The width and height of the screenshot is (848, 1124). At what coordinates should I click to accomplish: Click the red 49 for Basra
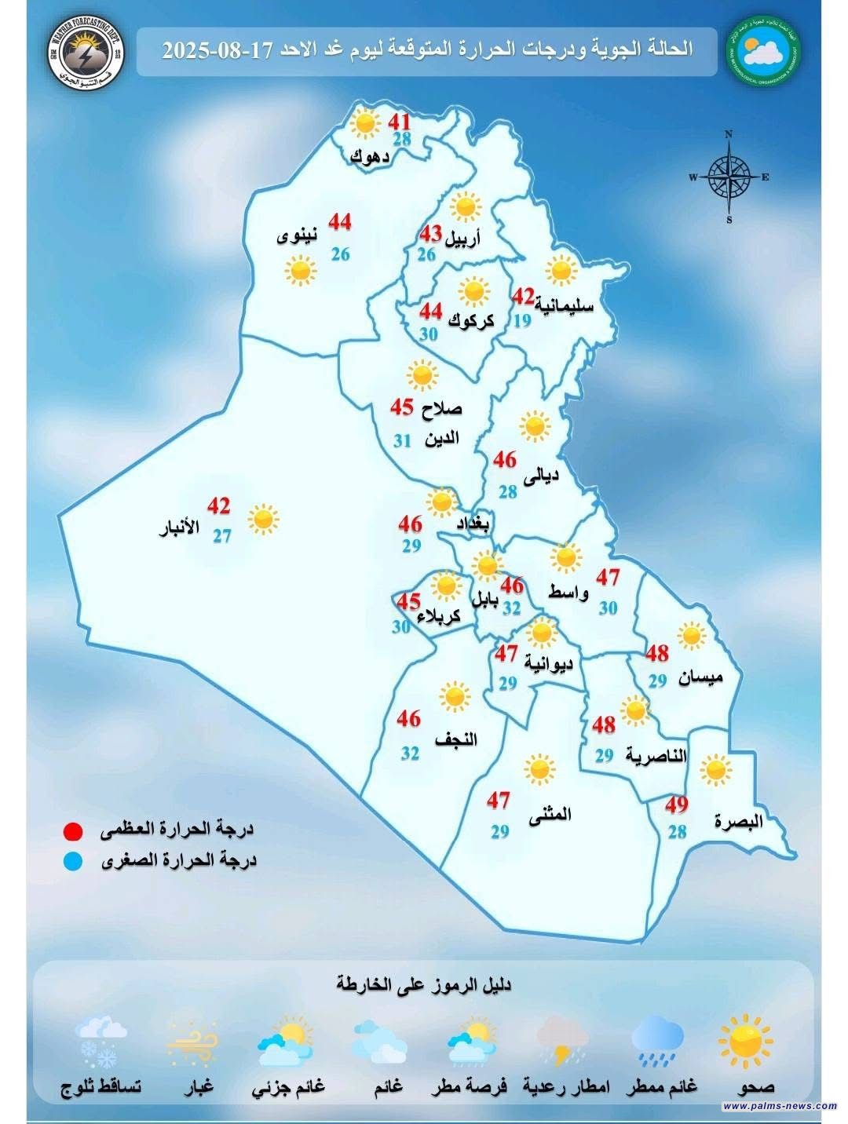click(x=676, y=805)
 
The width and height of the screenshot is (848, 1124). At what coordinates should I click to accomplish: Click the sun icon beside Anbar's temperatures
click(x=262, y=519)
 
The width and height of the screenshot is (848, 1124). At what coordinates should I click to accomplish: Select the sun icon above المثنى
click(x=539, y=769)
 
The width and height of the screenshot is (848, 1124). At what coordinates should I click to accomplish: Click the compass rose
click(x=729, y=177)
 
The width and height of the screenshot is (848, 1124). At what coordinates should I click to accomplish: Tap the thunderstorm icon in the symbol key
click(x=563, y=1041)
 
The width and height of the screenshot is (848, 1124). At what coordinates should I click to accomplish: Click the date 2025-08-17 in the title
click(x=217, y=50)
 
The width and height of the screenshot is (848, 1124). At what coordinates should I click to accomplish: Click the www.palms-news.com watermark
click(x=780, y=1106)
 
